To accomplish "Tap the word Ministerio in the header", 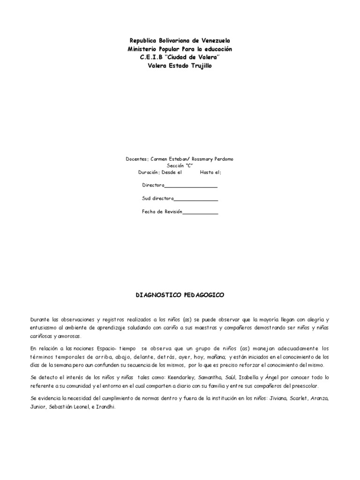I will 143,49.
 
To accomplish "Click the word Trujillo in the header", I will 199,66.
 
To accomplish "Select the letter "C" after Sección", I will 189,165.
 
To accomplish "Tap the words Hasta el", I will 210,172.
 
